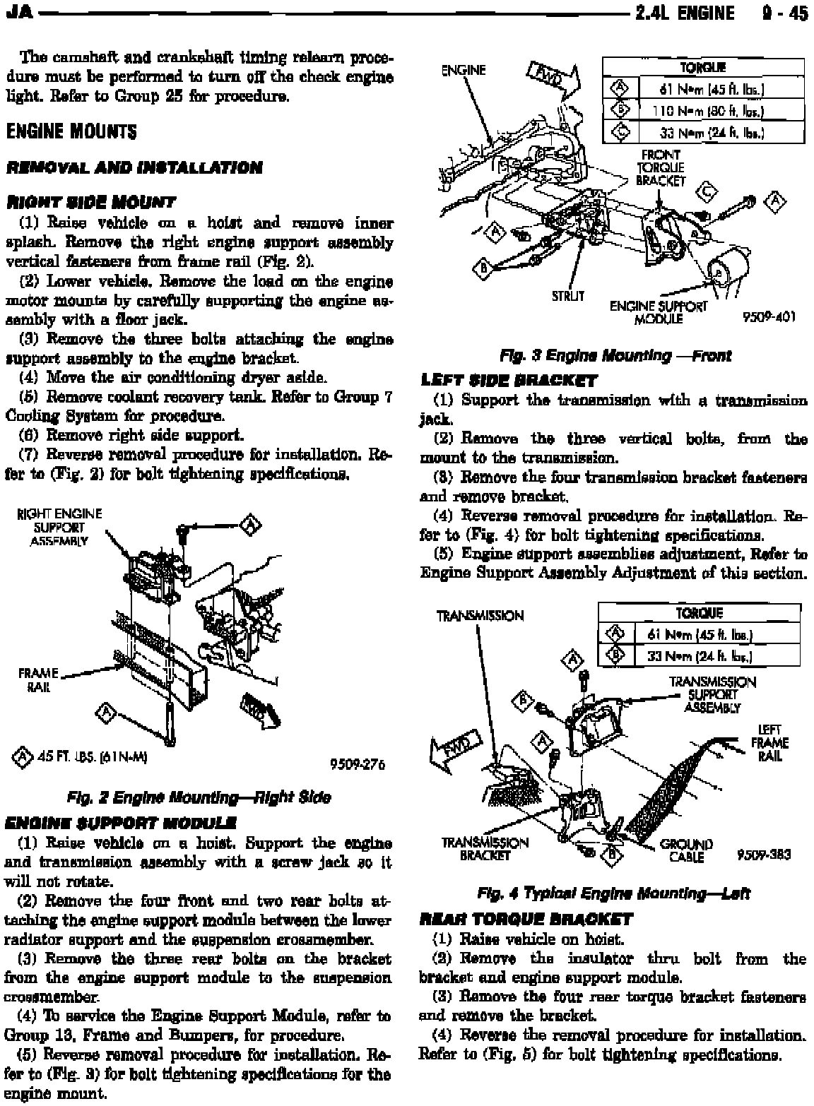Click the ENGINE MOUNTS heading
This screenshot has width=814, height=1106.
[x=71, y=133]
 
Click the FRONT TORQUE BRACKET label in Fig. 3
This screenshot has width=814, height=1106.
[x=660, y=167]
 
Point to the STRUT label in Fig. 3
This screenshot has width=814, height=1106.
[x=568, y=296]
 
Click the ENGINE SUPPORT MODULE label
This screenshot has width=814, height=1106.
[x=658, y=312]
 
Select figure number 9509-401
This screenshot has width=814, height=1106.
[x=769, y=317]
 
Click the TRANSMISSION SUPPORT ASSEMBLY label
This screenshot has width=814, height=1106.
[x=712, y=694]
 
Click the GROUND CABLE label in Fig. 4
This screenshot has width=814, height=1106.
[x=685, y=850]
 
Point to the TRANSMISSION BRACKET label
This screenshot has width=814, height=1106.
[x=485, y=850]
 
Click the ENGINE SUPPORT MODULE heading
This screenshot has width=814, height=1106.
[x=119, y=823]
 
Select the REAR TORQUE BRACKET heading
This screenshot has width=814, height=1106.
[x=526, y=920]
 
